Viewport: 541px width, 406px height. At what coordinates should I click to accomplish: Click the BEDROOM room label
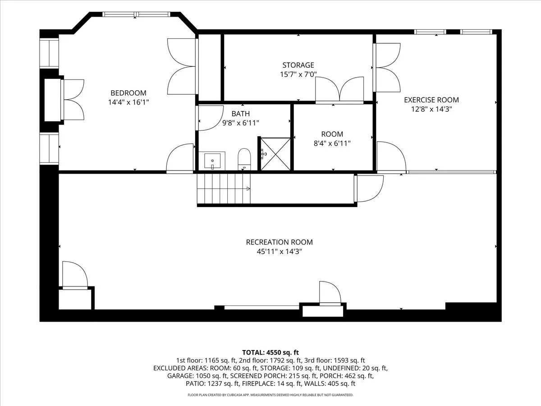(128, 93)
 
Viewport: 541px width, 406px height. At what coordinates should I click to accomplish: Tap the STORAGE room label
(298, 65)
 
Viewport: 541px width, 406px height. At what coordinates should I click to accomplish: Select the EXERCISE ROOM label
(431, 100)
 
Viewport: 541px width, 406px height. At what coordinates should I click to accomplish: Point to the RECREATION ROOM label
(279, 242)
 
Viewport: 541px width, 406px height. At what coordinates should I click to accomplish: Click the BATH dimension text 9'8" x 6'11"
(241, 123)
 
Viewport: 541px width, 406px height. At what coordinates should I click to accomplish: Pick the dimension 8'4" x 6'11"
(332, 143)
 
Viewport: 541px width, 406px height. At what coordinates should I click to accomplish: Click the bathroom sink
(212, 161)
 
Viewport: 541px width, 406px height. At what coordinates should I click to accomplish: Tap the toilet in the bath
(244, 159)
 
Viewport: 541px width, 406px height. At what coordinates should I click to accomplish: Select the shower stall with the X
(275, 154)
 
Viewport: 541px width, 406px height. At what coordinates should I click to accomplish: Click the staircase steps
(224, 189)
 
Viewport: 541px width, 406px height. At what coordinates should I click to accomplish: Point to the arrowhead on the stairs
(248, 189)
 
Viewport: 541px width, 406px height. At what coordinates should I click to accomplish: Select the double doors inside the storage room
(339, 90)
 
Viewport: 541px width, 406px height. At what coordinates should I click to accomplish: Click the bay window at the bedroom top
(136, 14)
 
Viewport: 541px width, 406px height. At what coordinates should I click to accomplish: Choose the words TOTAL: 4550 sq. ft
(270, 352)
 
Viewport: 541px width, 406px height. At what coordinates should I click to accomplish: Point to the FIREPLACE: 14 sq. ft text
(271, 383)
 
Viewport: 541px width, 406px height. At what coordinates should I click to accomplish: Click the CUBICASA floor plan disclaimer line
(270, 395)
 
